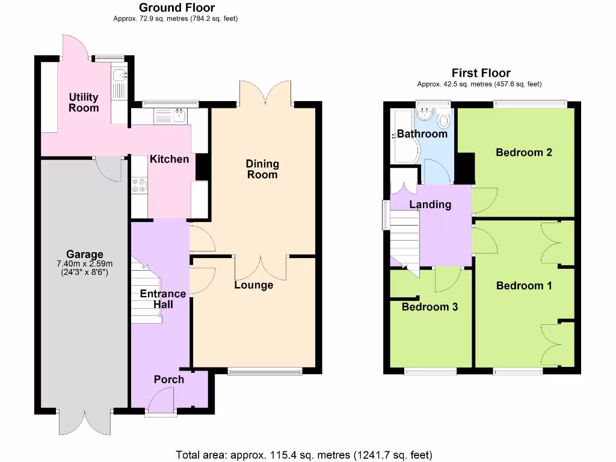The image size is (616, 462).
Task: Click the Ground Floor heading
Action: pos(176,8)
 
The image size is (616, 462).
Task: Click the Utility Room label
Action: pos(84,102)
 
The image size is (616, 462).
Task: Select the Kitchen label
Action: pos(169,159)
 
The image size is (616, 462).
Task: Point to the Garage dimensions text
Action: pos(85,267)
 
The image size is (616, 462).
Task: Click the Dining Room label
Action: pos(262,169)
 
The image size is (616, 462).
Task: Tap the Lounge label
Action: pos(253,285)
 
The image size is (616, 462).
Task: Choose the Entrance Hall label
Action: pos(162,299)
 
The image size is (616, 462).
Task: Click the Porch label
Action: pos(169,379)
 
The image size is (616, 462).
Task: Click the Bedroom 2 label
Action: pos(523,152)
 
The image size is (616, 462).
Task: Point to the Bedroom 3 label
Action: pos(430,307)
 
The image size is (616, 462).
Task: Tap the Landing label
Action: pos(430,205)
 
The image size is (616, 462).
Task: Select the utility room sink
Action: pos(119,75)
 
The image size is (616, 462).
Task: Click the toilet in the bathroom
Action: pos(444,120)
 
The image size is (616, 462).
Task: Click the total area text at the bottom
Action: pos(304,455)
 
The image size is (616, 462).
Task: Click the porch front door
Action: pos(161,401)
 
